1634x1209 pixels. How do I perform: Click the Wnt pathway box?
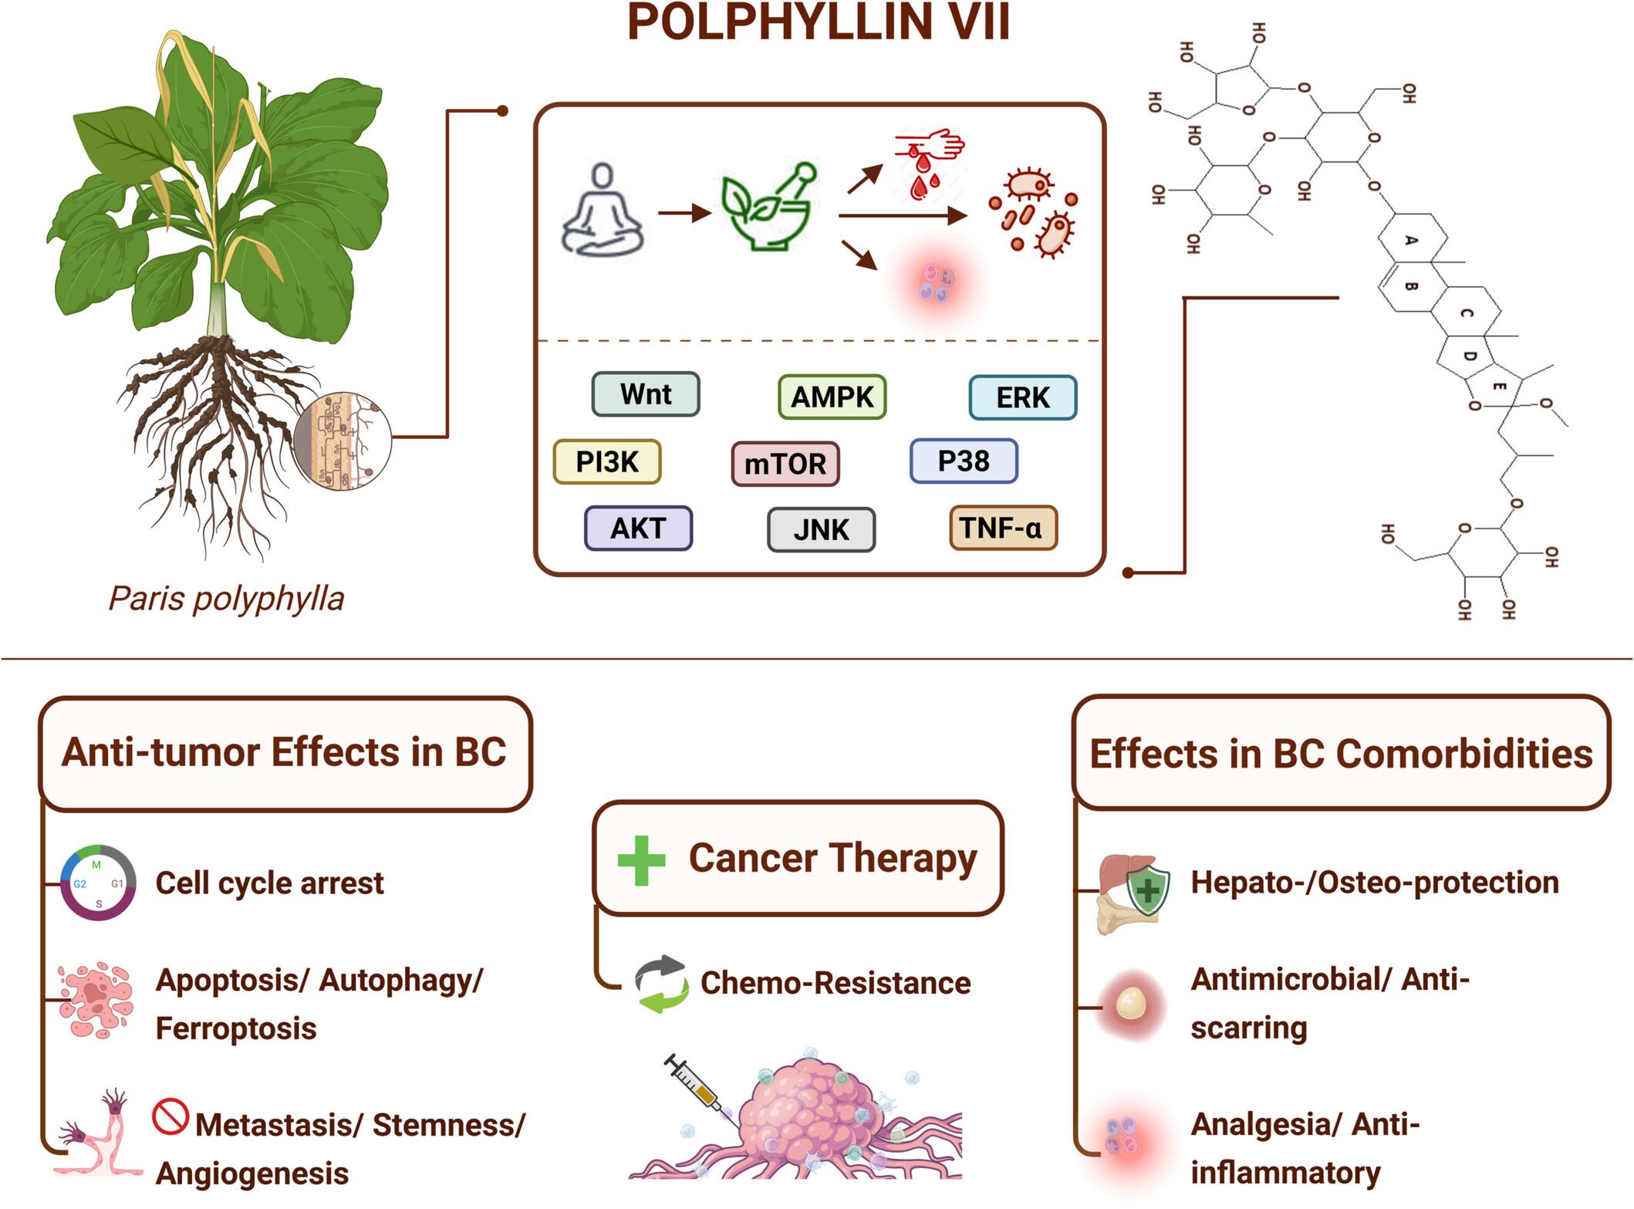pyautogui.click(x=646, y=394)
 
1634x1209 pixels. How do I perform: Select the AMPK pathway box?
pyautogui.click(x=832, y=397)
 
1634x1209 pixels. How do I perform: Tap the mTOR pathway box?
pyautogui.click(x=785, y=464)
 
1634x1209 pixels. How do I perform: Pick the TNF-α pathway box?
pyautogui.click(x=1002, y=529)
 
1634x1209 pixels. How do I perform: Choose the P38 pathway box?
pyautogui.click(x=964, y=461)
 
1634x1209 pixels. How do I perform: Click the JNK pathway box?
pyautogui.click(x=821, y=530)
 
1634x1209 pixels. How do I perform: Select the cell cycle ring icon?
pyautogui.click(x=98, y=883)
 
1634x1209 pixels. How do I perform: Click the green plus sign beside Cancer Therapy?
pyautogui.click(x=641, y=860)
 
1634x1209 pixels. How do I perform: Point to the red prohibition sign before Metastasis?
pyautogui.click(x=170, y=1116)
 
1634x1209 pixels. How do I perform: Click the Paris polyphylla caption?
pyautogui.click(x=226, y=599)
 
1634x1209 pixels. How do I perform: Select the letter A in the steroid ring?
pyautogui.click(x=1411, y=240)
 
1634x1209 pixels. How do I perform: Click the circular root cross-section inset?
pyautogui.click(x=343, y=441)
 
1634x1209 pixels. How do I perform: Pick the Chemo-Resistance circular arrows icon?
pyautogui.click(x=661, y=984)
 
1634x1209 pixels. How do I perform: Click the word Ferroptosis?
pyautogui.click(x=236, y=1028)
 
